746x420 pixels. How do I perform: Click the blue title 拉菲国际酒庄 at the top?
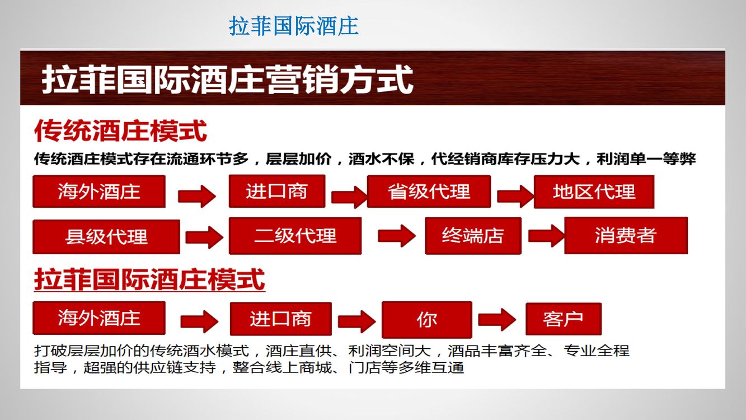pyautogui.click(x=294, y=26)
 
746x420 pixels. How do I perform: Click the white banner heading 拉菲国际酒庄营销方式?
pyautogui.click(x=227, y=80)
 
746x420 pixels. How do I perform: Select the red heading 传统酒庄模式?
pyautogui.click(x=120, y=131)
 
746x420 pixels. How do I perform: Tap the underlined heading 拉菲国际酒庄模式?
pyautogui.click(x=149, y=279)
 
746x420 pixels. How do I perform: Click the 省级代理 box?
pyautogui.click(x=429, y=192)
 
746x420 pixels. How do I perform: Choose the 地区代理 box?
pyautogui.click(x=594, y=192)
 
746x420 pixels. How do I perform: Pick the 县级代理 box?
pyautogui.click(x=106, y=237)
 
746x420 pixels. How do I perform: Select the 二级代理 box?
pyautogui.click(x=295, y=236)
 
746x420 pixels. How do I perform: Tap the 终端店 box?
pyautogui.click(x=473, y=236)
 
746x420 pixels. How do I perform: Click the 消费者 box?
pyautogui.click(x=626, y=235)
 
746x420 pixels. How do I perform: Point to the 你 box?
pyautogui.click(x=427, y=320)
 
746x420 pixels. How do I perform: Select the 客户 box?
pyautogui.click(x=564, y=319)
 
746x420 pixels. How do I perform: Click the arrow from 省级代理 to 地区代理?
pyautogui.click(x=515, y=197)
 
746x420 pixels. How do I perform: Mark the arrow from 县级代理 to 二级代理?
pyautogui.click(x=204, y=237)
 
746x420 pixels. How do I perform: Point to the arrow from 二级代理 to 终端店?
pyautogui.click(x=397, y=236)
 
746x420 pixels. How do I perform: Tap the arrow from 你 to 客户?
pyautogui.click(x=497, y=320)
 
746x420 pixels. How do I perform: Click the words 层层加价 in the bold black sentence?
pyautogui.click(x=298, y=159)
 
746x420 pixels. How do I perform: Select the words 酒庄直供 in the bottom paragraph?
pyautogui.click(x=298, y=351)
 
